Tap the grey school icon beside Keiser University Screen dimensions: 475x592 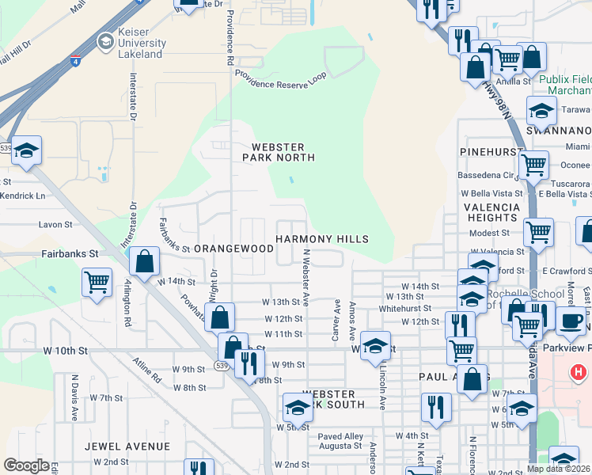pos(104,41)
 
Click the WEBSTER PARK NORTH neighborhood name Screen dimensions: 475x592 pos(283,152)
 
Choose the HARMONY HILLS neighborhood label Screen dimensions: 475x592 pos(322,239)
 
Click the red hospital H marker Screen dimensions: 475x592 pos(579,371)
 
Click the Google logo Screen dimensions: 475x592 pos(26,465)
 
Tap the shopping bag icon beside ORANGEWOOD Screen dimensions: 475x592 pos(145,263)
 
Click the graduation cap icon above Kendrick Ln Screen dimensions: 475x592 pos(26,151)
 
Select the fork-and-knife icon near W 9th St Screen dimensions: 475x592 pos(249,363)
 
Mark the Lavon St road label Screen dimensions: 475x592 pos(55,225)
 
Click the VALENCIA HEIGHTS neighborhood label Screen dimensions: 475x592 pos(491,212)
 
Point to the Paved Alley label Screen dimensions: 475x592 pos(340,436)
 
